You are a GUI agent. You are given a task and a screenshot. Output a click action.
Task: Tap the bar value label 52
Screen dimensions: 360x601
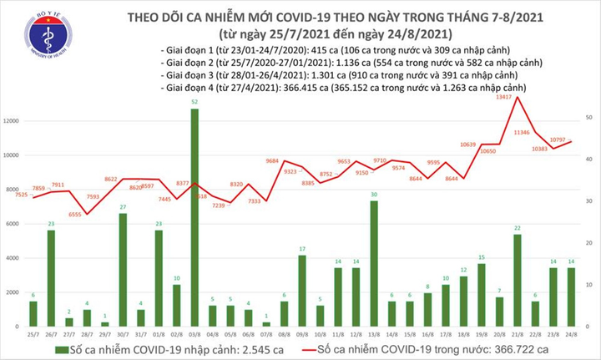click(194, 102)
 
